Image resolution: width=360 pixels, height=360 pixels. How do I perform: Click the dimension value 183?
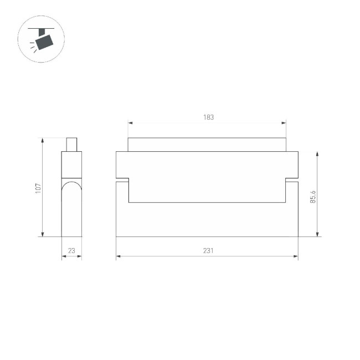click(208, 117)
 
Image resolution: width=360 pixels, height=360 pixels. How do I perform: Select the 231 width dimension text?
click(208, 251)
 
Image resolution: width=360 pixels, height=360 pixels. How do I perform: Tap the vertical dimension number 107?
click(38, 188)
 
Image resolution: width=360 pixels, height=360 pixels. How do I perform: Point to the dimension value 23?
click(71, 251)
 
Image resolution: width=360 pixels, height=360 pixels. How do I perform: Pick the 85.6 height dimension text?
click(312, 197)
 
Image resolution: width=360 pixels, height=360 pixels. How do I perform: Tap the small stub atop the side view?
click(71, 144)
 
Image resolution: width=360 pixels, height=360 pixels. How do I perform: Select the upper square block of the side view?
click(71, 164)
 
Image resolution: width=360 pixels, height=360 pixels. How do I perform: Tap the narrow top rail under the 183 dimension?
click(208, 145)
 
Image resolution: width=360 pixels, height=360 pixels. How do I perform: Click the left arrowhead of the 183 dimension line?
click(130, 123)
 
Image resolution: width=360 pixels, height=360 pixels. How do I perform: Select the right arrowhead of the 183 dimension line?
click(285, 123)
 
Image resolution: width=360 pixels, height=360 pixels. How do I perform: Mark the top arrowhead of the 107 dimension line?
click(43, 140)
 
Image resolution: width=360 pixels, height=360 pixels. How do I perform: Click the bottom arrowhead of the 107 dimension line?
click(43, 234)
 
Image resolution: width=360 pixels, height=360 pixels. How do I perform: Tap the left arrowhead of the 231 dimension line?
click(119, 256)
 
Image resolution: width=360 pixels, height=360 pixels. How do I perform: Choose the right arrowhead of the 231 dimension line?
click(296, 256)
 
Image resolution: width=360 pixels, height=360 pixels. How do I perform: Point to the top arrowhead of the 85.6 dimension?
click(317, 153)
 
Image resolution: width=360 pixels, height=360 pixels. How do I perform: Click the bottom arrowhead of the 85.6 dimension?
click(317, 234)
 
